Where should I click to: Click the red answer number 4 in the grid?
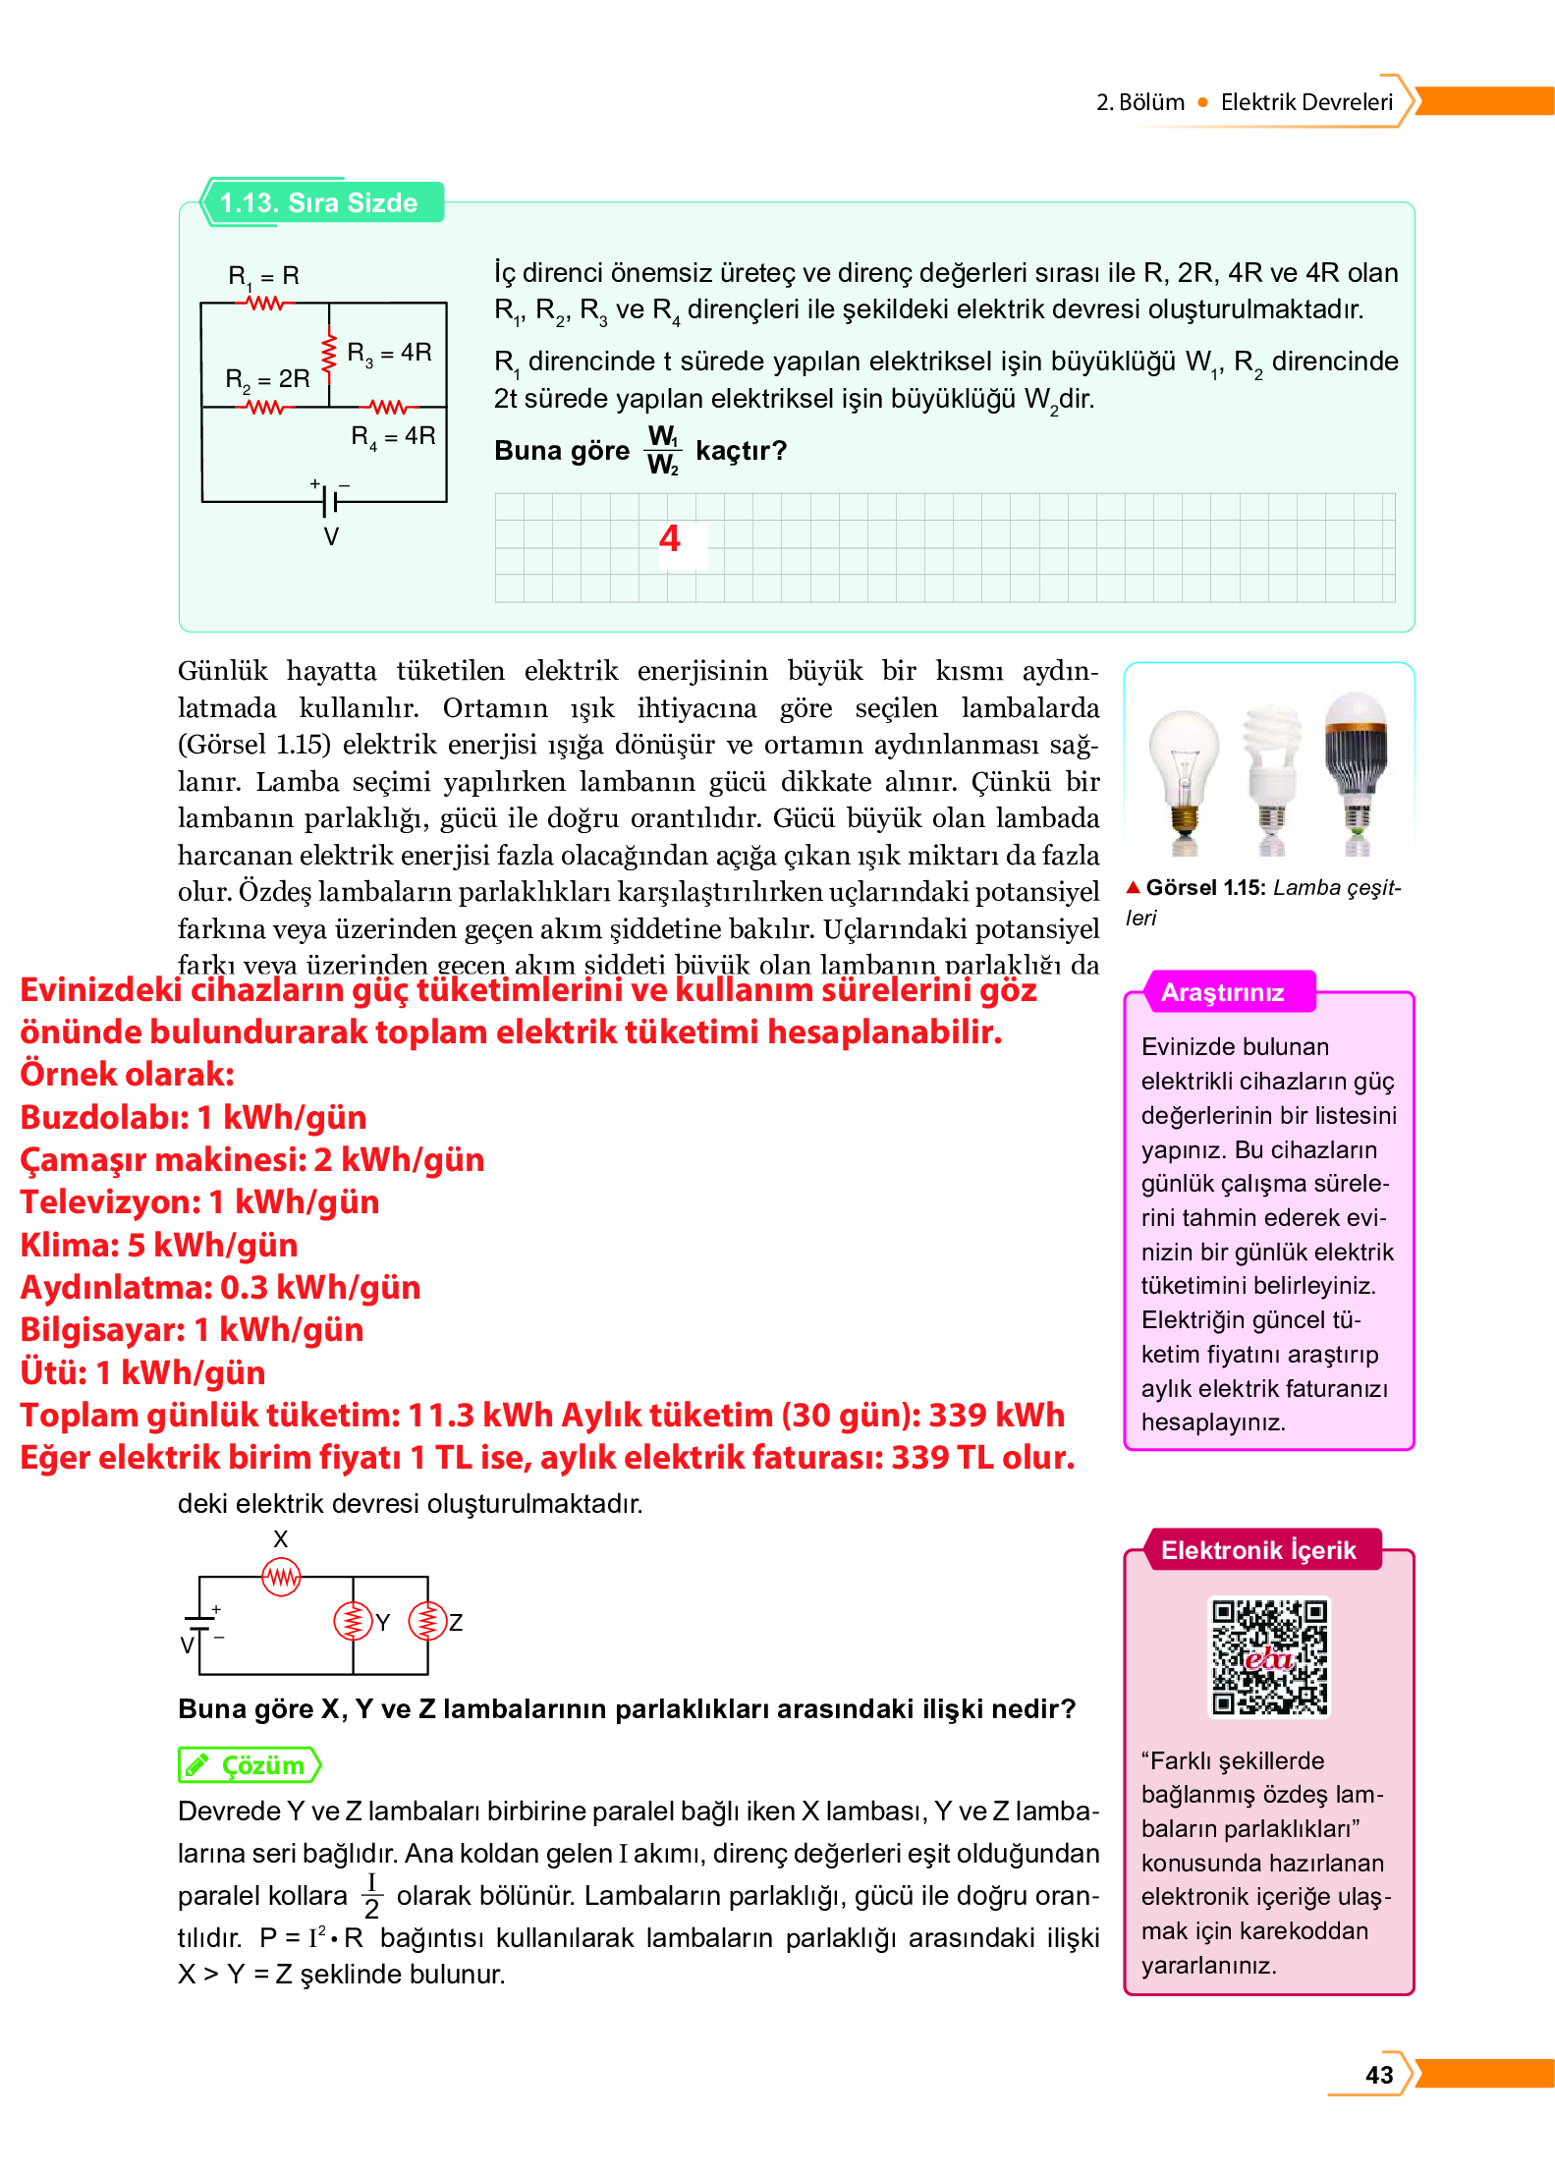click(x=669, y=538)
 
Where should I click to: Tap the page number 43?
click(x=1378, y=2074)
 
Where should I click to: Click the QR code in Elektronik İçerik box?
click(x=1268, y=1657)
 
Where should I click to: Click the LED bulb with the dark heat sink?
click(x=1357, y=766)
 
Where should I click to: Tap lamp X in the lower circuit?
click(x=282, y=1578)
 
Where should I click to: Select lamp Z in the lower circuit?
click(x=427, y=1621)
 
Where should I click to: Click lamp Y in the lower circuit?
click(x=353, y=1621)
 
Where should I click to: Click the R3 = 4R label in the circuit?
click(x=389, y=353)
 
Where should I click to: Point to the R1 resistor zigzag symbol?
click(x=265, y=304)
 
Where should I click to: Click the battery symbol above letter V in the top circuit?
click(x=329, y=500)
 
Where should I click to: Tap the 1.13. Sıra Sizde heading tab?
click(x=320, y=202)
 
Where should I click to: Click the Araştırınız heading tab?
click(x=1222, y=992)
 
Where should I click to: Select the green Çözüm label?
click(x=250, y=1765)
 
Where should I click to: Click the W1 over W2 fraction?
click(x=662, y=450)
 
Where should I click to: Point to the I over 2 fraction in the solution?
click(x=371, y=1895)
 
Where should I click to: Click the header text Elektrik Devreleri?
click(x=1305, y=102)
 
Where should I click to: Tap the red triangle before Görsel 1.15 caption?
click(x=1133, y=887)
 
